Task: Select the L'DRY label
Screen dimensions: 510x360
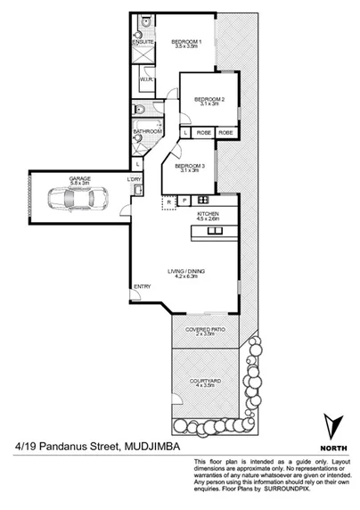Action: tap(135, 180)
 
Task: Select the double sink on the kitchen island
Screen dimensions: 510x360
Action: tap(215, 232)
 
